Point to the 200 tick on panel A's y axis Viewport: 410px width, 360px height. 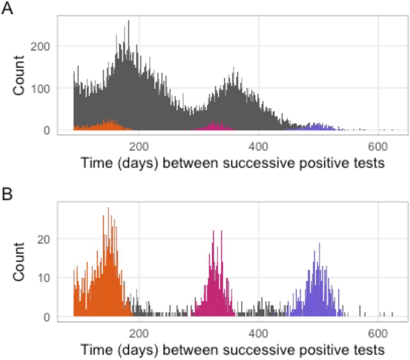click(40, 46)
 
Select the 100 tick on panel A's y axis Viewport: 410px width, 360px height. click(40, 88)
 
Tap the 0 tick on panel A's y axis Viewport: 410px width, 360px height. click(47, 130)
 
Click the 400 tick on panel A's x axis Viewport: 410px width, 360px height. click(258, 147)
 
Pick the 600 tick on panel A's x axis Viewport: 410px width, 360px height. click(378, 147)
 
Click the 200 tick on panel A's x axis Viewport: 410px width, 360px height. click(139, 147)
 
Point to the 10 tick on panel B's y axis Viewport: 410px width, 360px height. click(44, 278)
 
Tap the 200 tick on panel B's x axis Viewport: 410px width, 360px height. click(139, 334)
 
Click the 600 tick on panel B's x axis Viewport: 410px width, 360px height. click(378, 334)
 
